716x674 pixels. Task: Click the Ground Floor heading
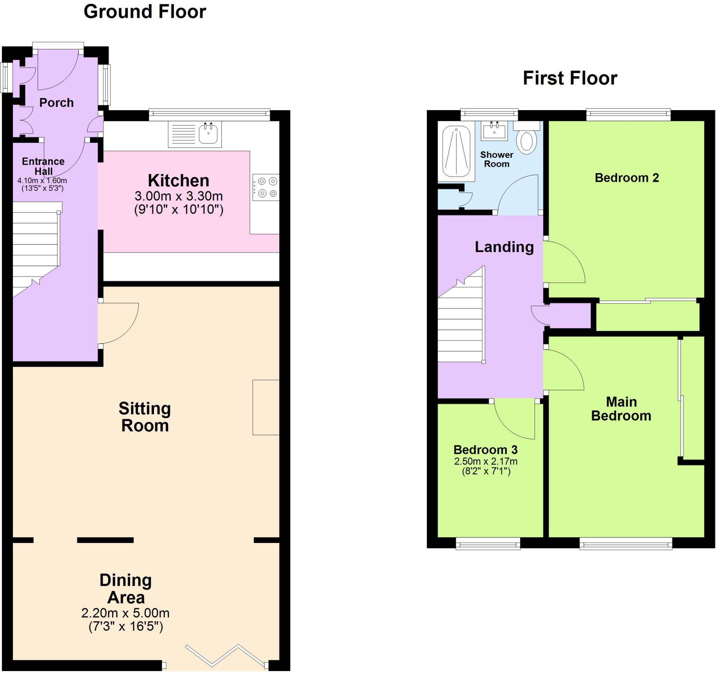(145, 12)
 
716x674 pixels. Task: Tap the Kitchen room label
(178, 180)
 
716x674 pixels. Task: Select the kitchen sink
(208, 134)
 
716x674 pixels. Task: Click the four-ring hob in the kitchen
(266, 187)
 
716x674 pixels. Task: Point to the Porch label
(56, 103)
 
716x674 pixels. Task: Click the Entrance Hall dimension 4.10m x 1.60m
(42, 181)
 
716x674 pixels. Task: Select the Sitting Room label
(145, 417)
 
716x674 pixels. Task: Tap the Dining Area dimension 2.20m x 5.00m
(126, 612)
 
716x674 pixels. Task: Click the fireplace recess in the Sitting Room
(266, 407)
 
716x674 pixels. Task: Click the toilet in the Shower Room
(526, 141)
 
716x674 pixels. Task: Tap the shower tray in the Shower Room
(456, 151)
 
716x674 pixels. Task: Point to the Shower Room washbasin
(494, 130)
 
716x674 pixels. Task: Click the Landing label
(504, 247)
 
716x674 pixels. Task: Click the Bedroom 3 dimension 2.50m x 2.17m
(486, 461)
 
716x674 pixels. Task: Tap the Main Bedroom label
(621, 409)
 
